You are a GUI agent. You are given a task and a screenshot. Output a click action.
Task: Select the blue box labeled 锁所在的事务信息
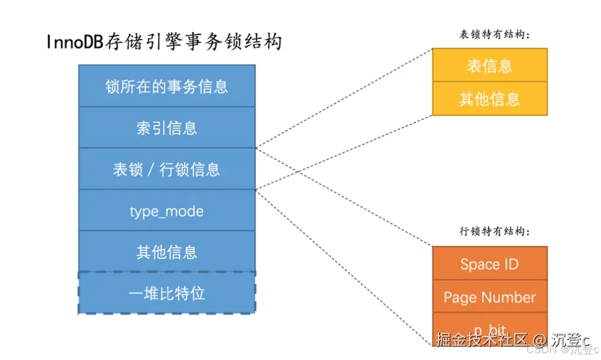[x=167, y=86]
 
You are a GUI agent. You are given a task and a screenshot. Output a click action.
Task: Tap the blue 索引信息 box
[x=167, y=127]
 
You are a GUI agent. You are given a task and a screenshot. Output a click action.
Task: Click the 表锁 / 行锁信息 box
[x=167, y=169]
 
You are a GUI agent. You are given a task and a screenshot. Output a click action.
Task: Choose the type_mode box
[x=167, y=211]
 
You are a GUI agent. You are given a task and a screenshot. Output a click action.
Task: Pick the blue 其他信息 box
[x=167, y=252]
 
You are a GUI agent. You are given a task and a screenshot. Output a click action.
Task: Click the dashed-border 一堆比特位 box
[x=167, y=293]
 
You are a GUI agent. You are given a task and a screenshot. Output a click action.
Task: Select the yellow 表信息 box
[x=489, y=65]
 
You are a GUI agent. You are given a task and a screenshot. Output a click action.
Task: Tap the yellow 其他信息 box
[x=489, y=99]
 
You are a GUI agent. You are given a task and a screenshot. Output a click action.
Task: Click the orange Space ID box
[x=489, y=264]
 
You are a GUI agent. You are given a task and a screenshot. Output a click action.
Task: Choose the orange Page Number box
[x=489, y=297]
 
